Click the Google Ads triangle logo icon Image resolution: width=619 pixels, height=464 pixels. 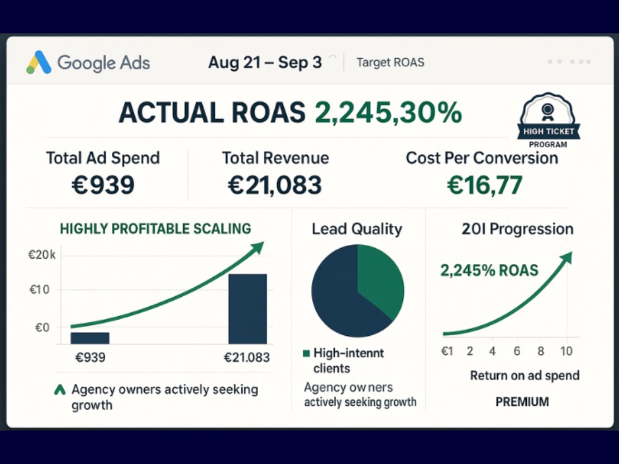pyautogui.click(x=38, y=62)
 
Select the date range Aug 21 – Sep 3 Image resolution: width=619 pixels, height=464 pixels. pyautogui.click(x=265, y=62)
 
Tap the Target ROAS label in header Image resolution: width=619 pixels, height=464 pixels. pyautogui.click(x=390, y=62)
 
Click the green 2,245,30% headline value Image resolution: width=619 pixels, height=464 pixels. pyautogui.click(x=388, y=113)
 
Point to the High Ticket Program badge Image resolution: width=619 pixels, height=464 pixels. pyautogui.click(x=548, y=121)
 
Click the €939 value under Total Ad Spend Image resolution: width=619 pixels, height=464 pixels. pyautogui.click(x=103, y=184)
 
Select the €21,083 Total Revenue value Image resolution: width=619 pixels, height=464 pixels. pyautogui.click(x=275, y=185)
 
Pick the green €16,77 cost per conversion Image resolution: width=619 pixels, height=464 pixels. pyautogui.click(x=485, y=185)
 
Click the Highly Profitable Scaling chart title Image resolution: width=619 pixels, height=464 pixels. pyautogui.click(x=155, y=229)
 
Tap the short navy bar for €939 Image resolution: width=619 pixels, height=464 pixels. pyautogui.click(x=90, y=338)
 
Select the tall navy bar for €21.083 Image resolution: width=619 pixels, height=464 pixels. pyautogui.click(x=248, y=309)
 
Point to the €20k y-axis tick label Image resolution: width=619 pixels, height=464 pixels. pyautogui.click(x=42, y=256)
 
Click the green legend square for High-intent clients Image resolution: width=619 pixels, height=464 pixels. pyautogui.click(x=306, y=353)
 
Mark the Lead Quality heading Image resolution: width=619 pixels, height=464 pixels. pyautogui.click(x=357, y=229)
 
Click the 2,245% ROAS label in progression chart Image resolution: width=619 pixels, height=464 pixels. pyautogui.click(x=489, y=271)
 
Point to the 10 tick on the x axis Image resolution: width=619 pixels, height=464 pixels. pyautogui.click(x=566, y=351)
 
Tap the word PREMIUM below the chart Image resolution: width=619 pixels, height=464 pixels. pyautogui.click(x=522, y=402)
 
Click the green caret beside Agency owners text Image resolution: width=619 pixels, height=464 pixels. pyautogui.click(x=59, y=390)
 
